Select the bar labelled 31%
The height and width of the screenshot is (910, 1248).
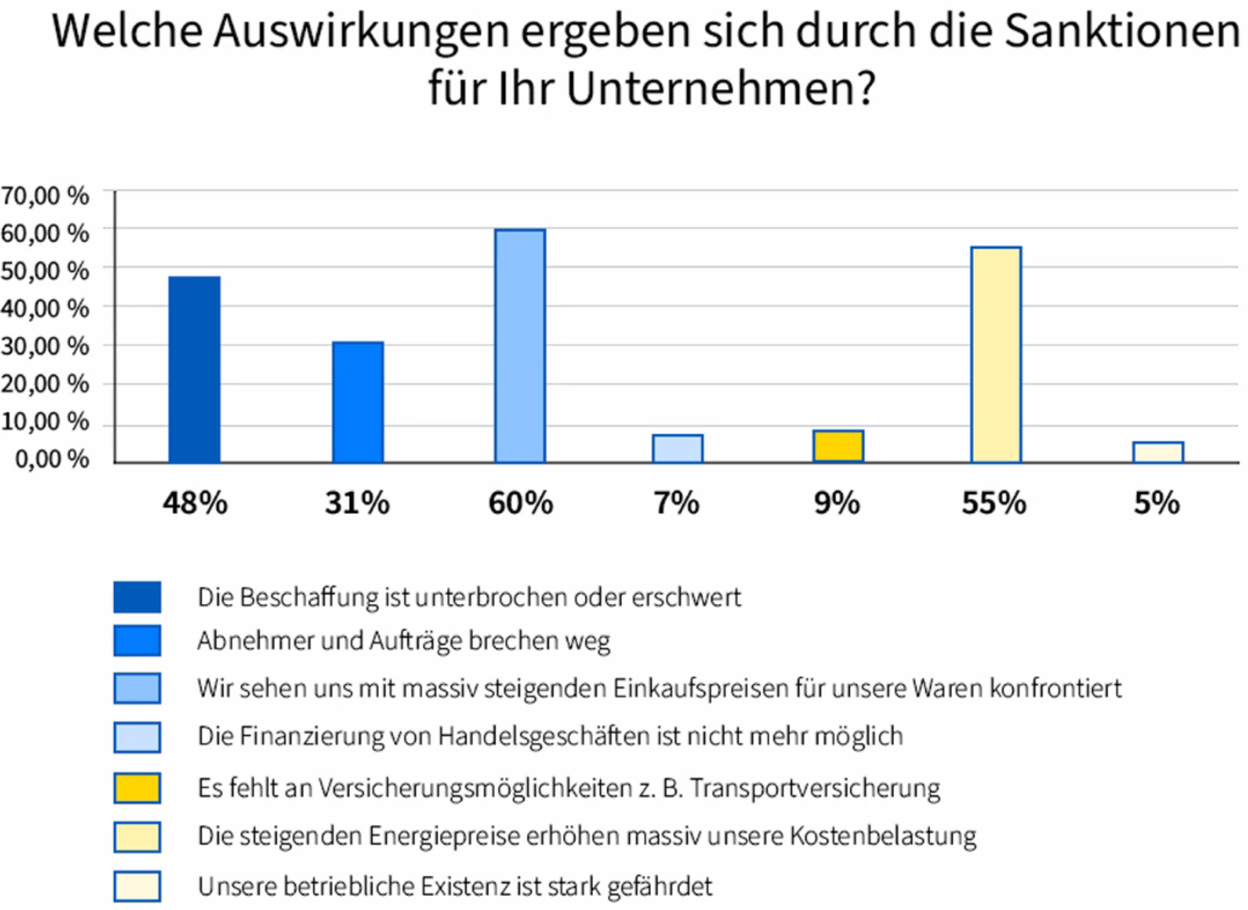point(358,402)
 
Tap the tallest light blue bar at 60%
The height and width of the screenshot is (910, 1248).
point(519,345)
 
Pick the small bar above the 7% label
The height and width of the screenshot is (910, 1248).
point(677,448)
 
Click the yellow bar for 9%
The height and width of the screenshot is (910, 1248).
point(837,446)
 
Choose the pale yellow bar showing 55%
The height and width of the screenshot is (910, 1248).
point(996,355)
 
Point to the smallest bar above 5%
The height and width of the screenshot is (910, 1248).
point(1158,452)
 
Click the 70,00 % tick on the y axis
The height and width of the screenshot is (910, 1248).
point(45,195)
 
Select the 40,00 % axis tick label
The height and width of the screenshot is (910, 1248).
point(45,308)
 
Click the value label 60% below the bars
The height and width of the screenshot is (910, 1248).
point(520,503)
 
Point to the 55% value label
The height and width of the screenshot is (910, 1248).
point(994,503)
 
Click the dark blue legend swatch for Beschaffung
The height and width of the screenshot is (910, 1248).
point(137,597)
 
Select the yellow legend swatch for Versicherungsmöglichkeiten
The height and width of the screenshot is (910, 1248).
point(137,788)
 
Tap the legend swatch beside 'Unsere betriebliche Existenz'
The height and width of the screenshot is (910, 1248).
point(137,886)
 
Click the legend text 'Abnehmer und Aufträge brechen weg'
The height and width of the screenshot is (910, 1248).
point(403,641)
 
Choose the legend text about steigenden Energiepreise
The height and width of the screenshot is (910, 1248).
point(587,836)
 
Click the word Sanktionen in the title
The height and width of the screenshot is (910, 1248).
point(1122,32)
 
